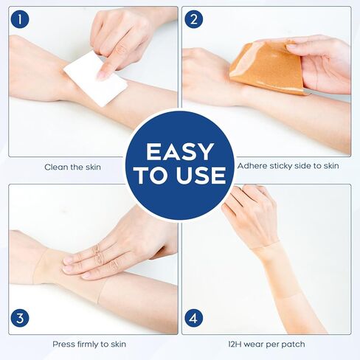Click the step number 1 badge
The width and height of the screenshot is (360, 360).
pyautogui.click(x=19, y=19)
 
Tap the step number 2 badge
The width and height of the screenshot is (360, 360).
pyautogui.click(x=194, y=19)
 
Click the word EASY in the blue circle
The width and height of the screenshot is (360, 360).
pyautogui.click(x=179, y=152)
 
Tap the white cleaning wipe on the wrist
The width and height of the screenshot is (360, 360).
pyautogui.click(x=94, y=78)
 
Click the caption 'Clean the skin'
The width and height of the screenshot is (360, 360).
pyautogui.click(x=72, y=166)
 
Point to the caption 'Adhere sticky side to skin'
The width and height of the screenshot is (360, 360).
pyautogui.click(x=288, y=166)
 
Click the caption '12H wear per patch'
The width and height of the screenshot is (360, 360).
pyautogui.click(x=267, y=344)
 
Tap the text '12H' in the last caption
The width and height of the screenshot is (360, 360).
pyautogui.click(x=238, y=344)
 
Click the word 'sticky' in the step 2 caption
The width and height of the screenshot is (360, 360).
pyautogui.click(x=283, y=166)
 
